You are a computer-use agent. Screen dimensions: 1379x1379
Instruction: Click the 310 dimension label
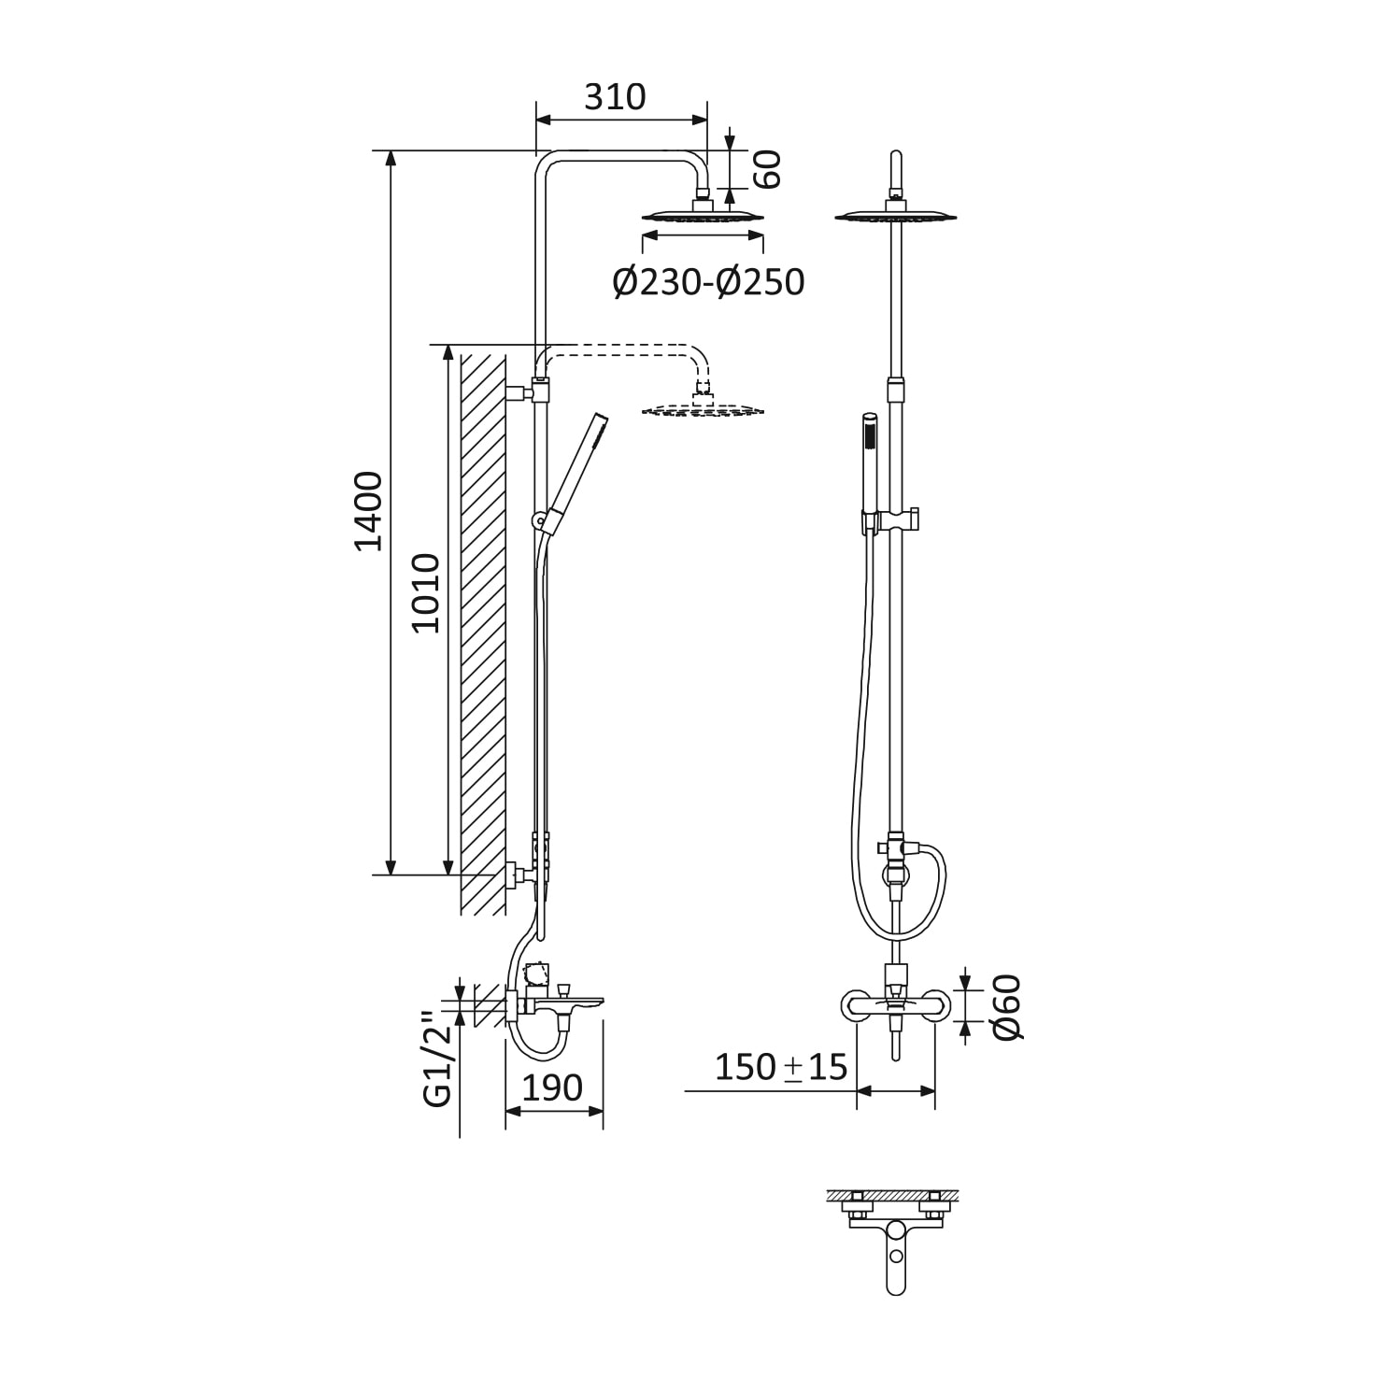tap(615, 96)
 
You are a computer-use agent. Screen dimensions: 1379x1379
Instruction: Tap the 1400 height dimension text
tap(369, 511)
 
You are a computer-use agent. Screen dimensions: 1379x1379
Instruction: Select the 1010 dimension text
tap(426, 593)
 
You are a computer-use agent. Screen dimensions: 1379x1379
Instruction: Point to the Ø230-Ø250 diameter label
tap(708, 281)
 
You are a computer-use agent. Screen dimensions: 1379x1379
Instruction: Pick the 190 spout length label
tap(552, 1088)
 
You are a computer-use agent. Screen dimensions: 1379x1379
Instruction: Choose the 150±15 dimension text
tap(781, 1066)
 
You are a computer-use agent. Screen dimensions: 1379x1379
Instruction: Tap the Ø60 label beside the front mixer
tap(1007, 1008)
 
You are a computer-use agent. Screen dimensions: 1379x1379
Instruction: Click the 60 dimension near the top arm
tap(767, 169)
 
